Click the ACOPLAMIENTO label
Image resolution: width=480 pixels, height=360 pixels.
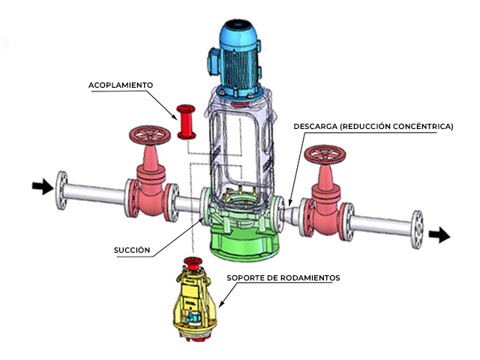[121, 85]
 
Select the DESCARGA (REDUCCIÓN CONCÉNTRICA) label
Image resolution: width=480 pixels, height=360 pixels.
[373, 127]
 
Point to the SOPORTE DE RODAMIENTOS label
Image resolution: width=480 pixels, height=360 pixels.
[283, 277]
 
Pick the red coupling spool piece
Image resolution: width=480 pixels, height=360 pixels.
[184, 123]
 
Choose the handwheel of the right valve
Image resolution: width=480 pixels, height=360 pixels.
[325, 156]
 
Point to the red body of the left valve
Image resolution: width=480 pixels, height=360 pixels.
[153, 191]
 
